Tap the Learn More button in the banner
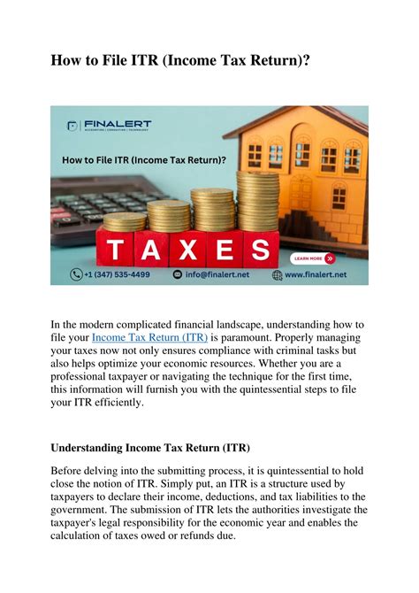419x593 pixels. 313,258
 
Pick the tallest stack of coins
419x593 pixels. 257,202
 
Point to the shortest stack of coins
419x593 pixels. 125,221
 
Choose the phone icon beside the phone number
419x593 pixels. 78,275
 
